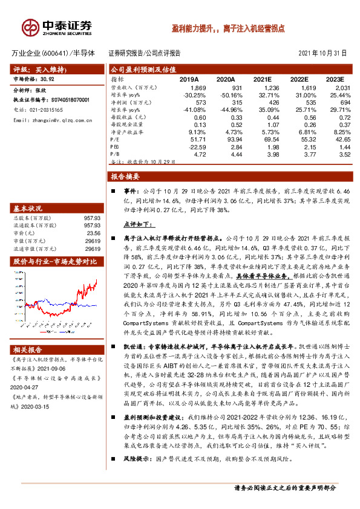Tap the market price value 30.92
[47, 79]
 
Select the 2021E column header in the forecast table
[262, 79]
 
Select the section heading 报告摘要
[125, 177]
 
